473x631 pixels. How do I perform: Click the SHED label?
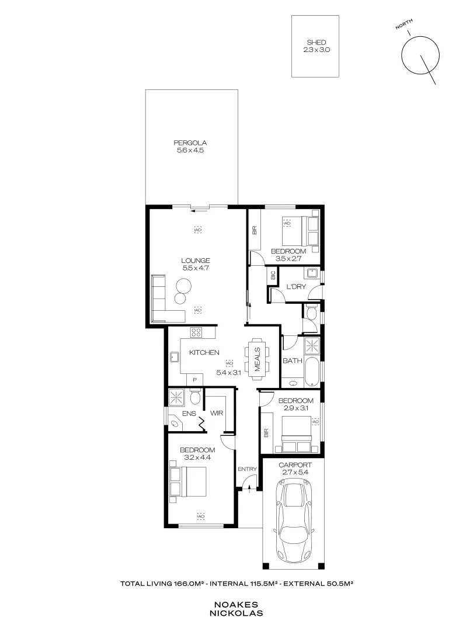click(316, 43)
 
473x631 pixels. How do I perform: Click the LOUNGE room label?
click(195, 261)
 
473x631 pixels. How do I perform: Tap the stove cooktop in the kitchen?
click(197, 333)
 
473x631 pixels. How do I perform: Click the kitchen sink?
click(175, 356)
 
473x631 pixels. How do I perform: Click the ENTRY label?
click(248, 469)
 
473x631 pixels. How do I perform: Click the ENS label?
click(188, 413)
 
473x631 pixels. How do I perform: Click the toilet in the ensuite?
click(196, 398)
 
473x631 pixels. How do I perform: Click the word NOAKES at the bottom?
click(236, 606)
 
